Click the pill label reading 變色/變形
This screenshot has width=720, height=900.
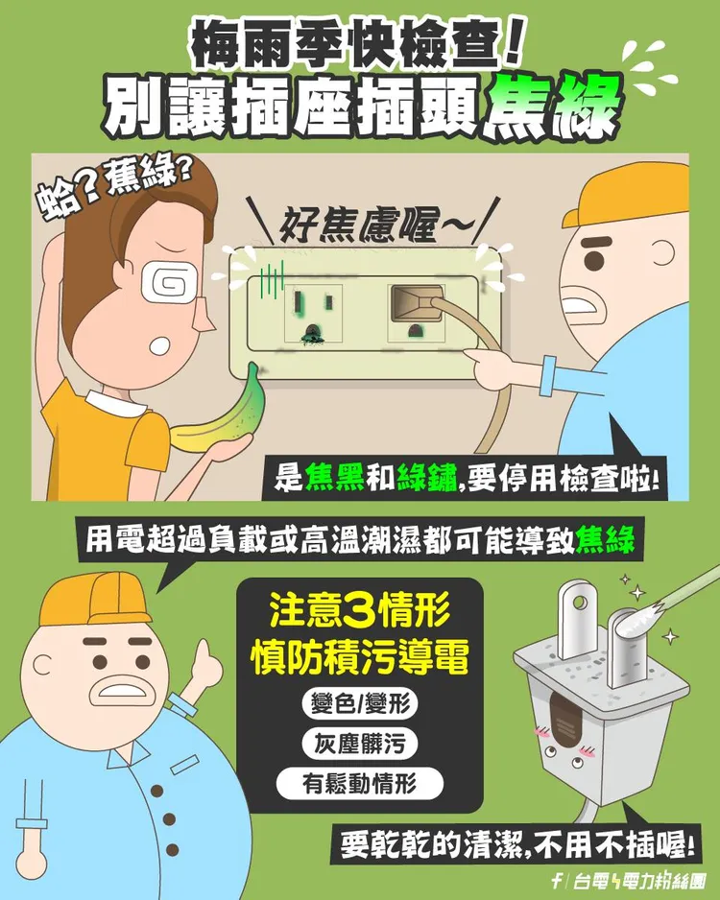[360, 705]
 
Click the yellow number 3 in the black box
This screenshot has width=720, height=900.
[353, 611]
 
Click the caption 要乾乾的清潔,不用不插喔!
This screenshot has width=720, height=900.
[518, 846]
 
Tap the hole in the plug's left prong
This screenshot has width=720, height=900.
[576, 604]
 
